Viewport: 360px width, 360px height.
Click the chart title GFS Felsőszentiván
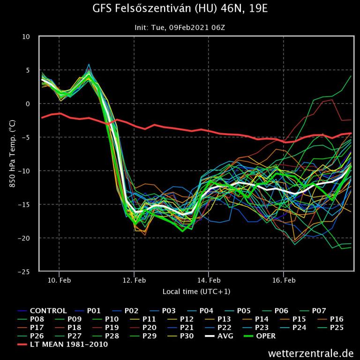pos(180,9)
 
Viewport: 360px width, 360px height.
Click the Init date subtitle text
pos(180,28)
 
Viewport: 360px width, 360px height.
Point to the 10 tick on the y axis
pos(26,37)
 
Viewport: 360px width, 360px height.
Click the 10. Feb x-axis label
pos(59,280)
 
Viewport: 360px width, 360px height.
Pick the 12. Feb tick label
pos(134,280)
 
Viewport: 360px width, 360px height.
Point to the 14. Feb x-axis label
pos(209,280)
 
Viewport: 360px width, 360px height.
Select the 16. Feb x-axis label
pos(284,280)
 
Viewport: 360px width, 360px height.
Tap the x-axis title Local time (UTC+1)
pos(196,292)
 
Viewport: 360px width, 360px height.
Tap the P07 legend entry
pos(316,311)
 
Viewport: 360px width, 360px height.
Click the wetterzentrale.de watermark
pos(311,352)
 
